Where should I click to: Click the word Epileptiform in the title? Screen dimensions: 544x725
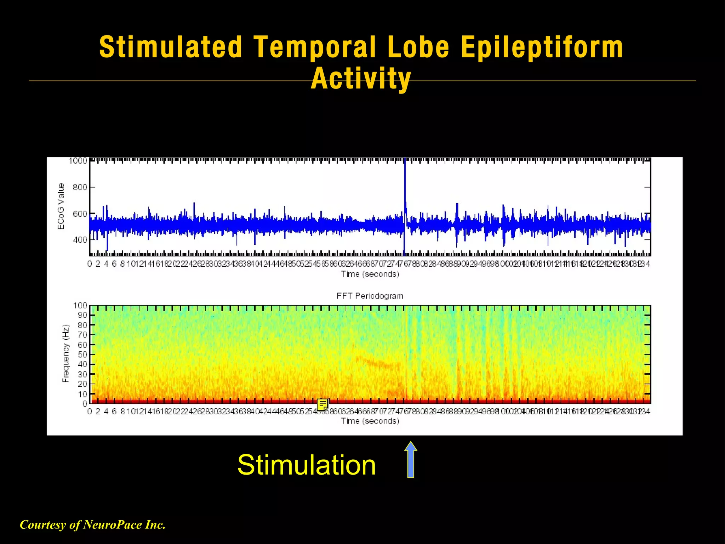[x=542, y=47]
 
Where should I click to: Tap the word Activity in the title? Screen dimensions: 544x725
[x=361, y=78]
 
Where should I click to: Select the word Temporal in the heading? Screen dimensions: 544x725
[x=315, y=47]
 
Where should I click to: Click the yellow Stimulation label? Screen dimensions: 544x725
[x=307, y=465]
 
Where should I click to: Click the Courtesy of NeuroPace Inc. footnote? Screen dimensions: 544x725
[x=93, y=525]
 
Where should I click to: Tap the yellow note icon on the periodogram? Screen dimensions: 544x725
[x=322, y=404]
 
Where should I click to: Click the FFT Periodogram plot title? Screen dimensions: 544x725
[x=370, y=296]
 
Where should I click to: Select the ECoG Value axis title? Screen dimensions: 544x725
[x=61, y=206]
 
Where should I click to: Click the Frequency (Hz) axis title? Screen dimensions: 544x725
[x=66, y=353]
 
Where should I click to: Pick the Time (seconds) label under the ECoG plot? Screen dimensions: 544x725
[x=370, y=274]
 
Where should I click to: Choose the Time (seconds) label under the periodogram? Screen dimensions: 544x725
[x=370, y=421]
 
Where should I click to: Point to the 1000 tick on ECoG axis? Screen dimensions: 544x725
[x=78, y=161]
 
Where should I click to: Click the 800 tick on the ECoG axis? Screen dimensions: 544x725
[x=80, y=187]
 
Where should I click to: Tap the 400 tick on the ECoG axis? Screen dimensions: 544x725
[x=80, y=240]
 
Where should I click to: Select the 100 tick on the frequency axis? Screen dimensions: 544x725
[x=80, y=305]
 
